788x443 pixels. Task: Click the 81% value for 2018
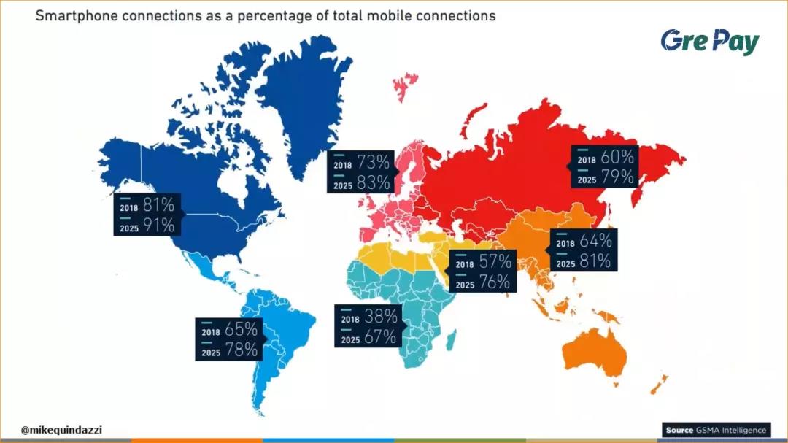coord(158,205)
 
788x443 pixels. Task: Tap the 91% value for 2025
coord(158,226)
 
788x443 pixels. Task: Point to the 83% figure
coord(373,183)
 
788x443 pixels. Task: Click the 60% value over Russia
coord(617,157)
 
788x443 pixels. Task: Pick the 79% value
coord(617,177)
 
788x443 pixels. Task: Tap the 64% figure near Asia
coord(595,240)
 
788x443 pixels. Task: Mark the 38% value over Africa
coord(381,317)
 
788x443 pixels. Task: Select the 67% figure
coord(381,337)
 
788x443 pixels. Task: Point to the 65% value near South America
coord(242,329)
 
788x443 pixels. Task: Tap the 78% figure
coord(242,350)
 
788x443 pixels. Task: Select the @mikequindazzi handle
coord(62,430)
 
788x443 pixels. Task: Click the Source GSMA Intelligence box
coord(716,430)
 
